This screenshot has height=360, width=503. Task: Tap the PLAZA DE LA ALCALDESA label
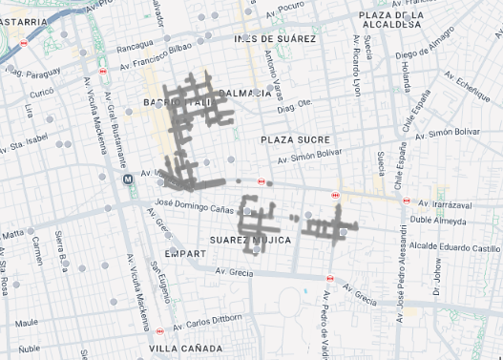[404, 22]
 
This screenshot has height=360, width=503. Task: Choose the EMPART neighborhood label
[184, 254]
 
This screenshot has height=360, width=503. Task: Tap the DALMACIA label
[246, 93]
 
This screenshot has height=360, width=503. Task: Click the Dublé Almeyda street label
[438, 219]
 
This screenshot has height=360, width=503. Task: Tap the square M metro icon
[127, 179]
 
